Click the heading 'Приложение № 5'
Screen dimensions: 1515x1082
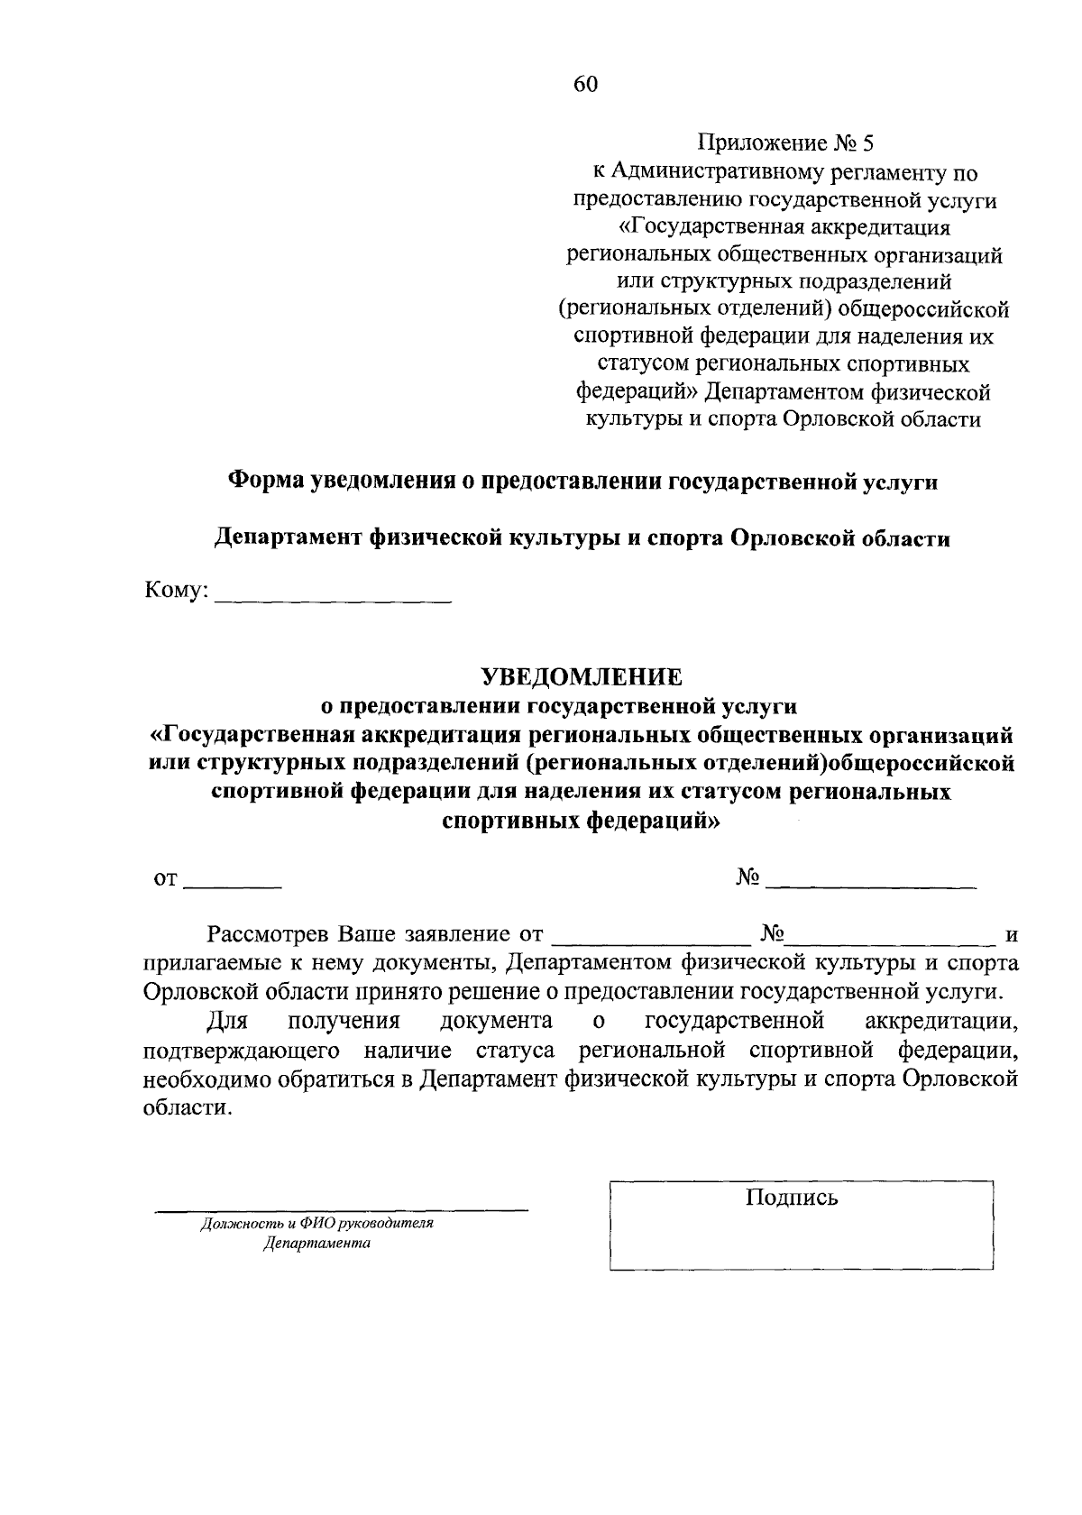click(x=785, y=143)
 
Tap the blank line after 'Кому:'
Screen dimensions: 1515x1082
click(x=333, y=600)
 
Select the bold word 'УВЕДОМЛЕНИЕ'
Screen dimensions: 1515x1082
click(x=581, y=675)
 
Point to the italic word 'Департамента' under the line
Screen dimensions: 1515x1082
click(x=316, y=1244)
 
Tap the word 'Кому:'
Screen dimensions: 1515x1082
click(x=177, y=592)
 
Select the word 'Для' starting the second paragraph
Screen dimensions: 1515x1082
click(x=228, y=1021)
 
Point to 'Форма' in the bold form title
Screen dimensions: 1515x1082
click(x=263, y=482)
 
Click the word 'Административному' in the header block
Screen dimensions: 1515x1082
click(x=713, y=171)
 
